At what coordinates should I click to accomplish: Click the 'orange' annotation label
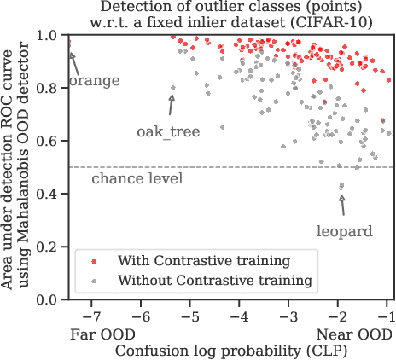pyautogui.click(x=94, y=81)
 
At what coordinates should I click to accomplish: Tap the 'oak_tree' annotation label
pyautogui.click(x=169, y=132)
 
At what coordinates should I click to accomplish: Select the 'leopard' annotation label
pyautogui.click(x=343, y=230)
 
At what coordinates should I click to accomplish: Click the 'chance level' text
pyautogui.click(x=137, y=178)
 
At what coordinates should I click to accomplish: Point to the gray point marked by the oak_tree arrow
pyautogui.click(x=173, y=88)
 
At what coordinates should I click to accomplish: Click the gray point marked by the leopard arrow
pyautogui.click(x=342, y=186)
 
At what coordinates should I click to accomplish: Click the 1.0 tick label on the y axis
pyautogui.click(x=51, y=36)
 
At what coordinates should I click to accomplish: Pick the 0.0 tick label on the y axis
pyautogui.click(x=51, y=299)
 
